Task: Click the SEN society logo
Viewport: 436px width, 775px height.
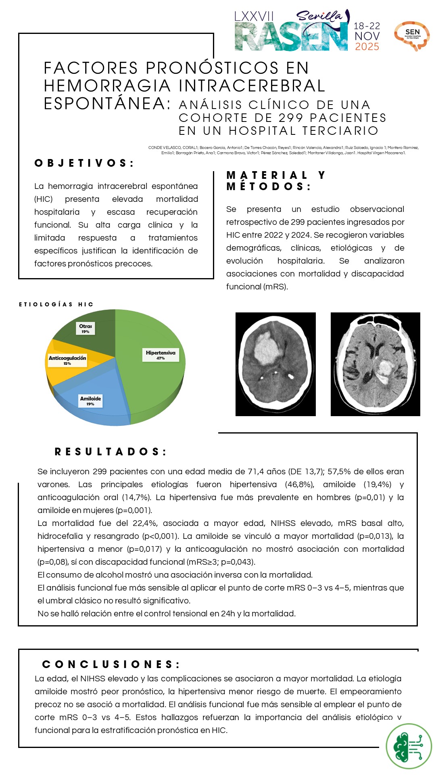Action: point(412,36)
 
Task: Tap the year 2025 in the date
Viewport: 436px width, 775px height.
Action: point(367,47)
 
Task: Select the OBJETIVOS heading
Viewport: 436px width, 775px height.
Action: point(84,163)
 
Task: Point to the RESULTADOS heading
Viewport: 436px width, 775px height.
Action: point(111,452)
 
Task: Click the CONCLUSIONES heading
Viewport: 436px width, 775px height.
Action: point(111,664)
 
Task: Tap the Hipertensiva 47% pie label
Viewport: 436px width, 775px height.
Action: point(161,355)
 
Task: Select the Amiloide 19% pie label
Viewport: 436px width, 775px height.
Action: point(90,400)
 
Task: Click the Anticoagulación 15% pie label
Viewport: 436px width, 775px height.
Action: point(67,360)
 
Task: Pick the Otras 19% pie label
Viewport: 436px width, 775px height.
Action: point(86,328)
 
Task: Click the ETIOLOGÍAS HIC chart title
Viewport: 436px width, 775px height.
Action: point(56,304)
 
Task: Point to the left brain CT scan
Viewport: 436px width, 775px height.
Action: point(275,364)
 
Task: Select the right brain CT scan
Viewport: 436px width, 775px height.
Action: point(375,364)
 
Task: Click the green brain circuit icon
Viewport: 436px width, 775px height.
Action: point(409,746)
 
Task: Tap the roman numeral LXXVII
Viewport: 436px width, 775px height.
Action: point(254,17)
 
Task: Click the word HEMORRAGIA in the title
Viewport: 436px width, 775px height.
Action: point(107,86)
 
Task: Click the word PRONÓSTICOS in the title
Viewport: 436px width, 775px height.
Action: point(212,68)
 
